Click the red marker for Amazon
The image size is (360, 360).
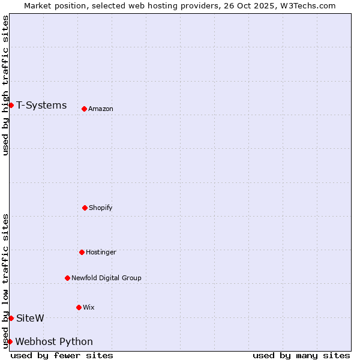tap(84, 109)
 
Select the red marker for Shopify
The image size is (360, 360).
tap(85, 208)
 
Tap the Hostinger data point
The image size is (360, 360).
tap(82, 252)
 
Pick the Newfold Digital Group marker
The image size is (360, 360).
tap(67, 278)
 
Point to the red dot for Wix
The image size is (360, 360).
tap(79, 307)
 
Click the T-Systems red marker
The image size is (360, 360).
tap(11, 106)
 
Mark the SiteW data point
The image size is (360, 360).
tap(11, 318)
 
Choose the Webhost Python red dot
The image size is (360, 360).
tap(10, 341)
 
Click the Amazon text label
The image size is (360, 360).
tap(101, 109)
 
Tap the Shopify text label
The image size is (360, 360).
tap(101, 208)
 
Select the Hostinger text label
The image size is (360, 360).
tap(101, 252)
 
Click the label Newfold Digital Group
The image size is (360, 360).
tap(106, 278)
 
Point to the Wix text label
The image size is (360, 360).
tap(89, 307)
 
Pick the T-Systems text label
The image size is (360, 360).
tap(41, 106)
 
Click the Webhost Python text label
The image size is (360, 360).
tap(54, 342)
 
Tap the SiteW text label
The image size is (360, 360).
tap(30, 318)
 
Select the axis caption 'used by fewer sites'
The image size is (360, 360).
tap(62, 355)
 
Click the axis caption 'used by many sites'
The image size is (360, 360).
tap(301, 355)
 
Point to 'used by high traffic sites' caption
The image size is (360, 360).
tap(5, 85)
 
